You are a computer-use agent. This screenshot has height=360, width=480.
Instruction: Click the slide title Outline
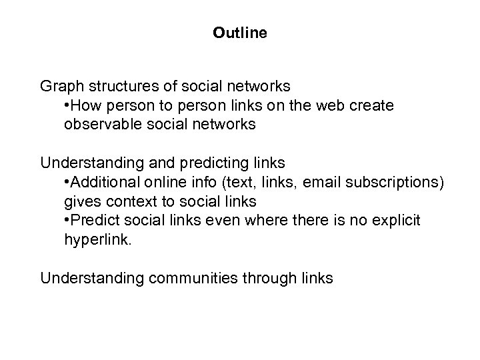(240, 32)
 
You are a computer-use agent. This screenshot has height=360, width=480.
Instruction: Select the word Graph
(60, 87)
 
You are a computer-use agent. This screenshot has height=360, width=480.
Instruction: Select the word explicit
(397, 220)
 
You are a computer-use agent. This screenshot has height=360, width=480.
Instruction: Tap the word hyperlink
(99, 239)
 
